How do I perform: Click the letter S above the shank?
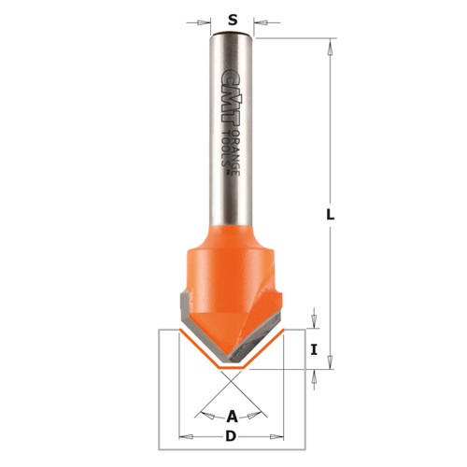click(x=232, y=18)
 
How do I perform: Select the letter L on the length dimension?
click(x=331, y=214)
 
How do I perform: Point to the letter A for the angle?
click(x=232, y=416)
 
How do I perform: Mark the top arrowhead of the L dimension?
click(x=331, y=43)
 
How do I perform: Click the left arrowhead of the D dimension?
click(x=183, y=435)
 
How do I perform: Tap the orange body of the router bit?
click(x=229, y=280)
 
